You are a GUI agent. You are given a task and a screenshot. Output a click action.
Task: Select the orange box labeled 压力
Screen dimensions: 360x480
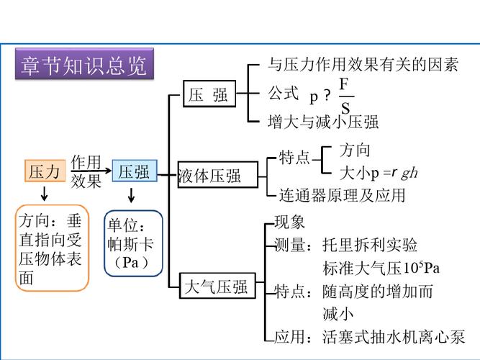point(44,171)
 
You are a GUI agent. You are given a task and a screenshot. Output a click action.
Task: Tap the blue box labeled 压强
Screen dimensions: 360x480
point(134,171)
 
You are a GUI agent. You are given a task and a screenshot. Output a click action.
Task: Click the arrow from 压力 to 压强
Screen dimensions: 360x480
point(92,171)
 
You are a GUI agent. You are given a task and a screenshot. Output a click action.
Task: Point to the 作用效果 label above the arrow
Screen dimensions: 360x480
point(86,171)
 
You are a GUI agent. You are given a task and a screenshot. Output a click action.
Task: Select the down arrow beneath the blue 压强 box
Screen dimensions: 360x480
point(132,194)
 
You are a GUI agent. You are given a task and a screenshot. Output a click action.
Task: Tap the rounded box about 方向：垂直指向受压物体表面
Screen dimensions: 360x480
point(53,248)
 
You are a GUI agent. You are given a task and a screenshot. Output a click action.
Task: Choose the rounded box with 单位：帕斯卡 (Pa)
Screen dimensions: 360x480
point(133,243)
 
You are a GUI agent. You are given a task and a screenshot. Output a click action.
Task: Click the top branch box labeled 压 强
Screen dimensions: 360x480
point(209,94)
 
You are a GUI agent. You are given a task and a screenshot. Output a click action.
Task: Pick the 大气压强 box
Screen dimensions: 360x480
point(215,287)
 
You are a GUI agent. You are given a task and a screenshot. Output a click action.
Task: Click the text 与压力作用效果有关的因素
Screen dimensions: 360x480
point(363,66)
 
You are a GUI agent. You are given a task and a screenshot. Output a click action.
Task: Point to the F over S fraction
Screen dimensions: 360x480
point(345,96)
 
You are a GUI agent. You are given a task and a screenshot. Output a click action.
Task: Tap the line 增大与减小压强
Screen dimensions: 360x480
point(323,121)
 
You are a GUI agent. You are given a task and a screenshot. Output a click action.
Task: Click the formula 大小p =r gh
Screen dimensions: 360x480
point(379,173)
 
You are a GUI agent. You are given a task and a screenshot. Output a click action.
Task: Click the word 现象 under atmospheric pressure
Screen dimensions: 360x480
point(290,222)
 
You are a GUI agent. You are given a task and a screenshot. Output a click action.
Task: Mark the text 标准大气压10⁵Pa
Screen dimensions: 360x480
point(381,268)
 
